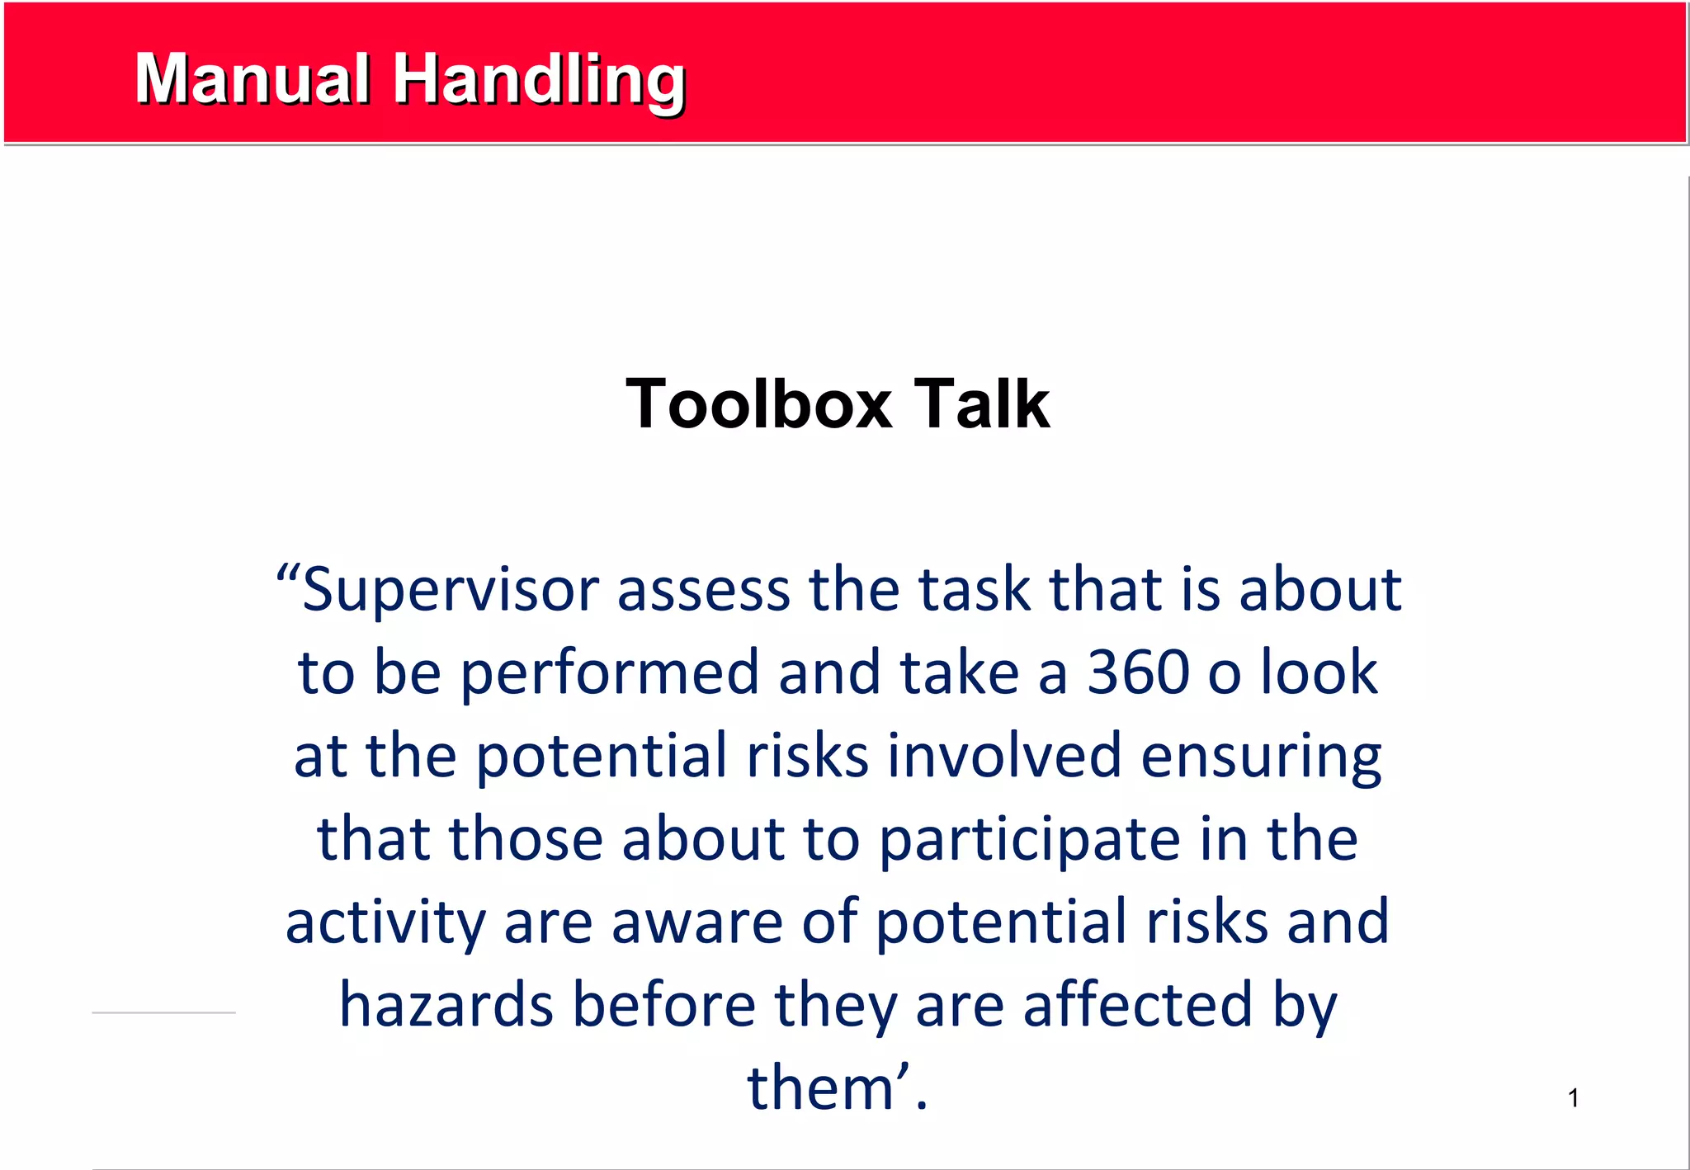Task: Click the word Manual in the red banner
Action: tap(252, 79)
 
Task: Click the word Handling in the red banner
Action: tap(539, 81)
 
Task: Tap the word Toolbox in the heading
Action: tap(759, 404)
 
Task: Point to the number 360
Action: tap(1138, 672)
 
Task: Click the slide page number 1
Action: tap(1573, 1098)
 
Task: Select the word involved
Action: tap(1004, 756)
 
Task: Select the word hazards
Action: tap(446, 1006)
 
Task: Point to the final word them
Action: tap(821, 1089)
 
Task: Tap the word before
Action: tap(664, 1006)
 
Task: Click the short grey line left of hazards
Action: tap(163, 1012)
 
